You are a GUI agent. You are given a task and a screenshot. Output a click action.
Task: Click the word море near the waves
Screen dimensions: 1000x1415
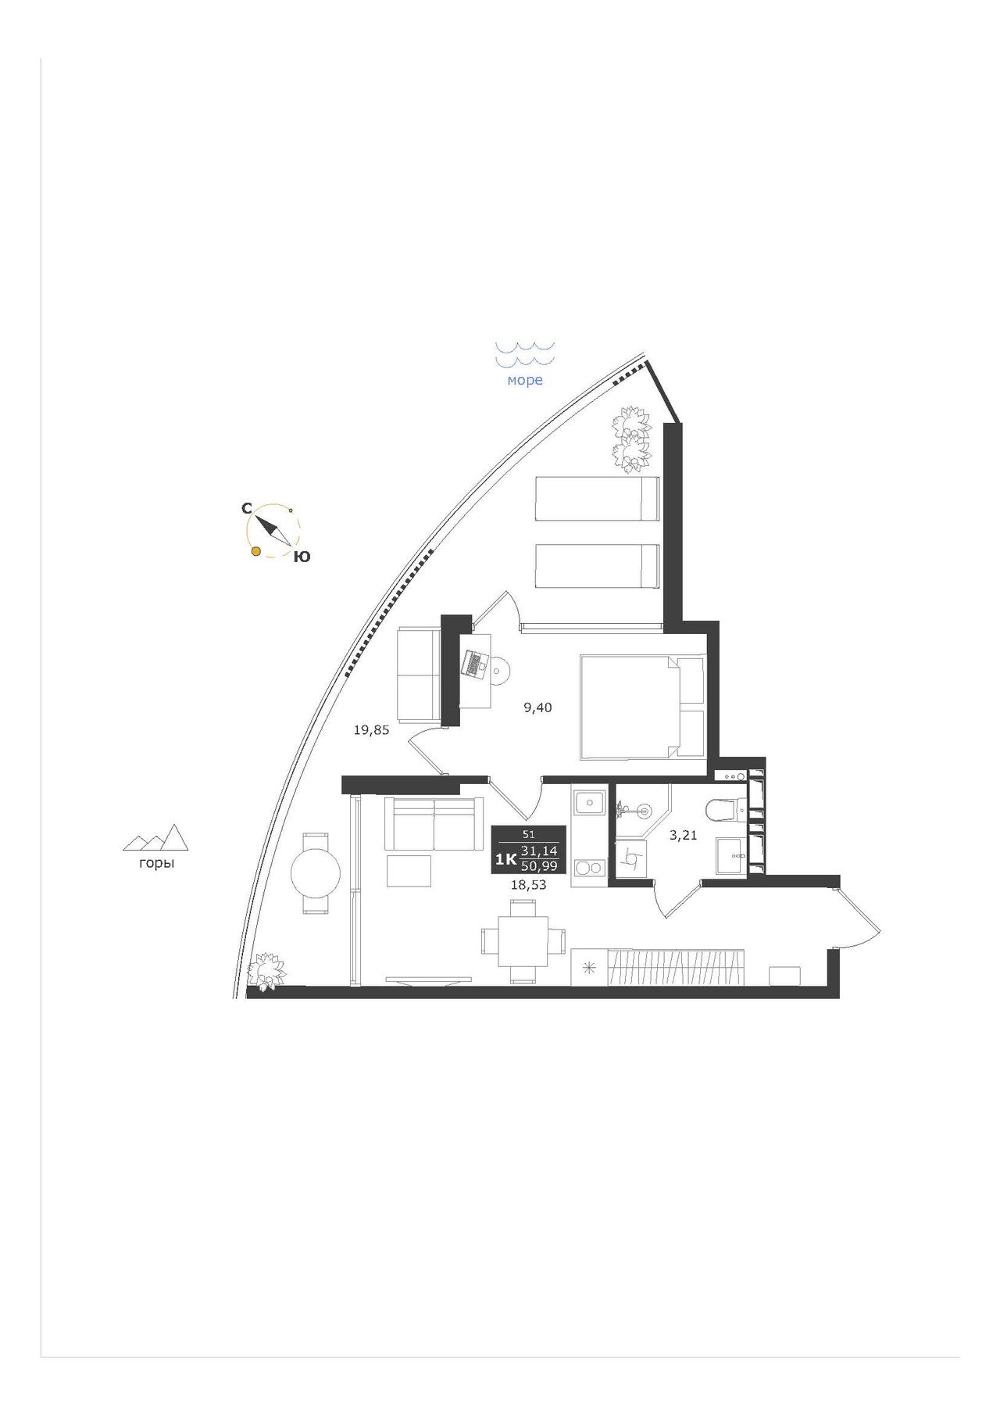pyautogui.click(x=525, y=381)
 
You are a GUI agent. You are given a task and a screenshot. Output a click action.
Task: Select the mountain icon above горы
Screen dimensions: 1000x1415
pyautogui.click(x=156, y=837)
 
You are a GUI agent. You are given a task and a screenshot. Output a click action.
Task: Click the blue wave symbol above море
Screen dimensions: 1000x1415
pyautogui.click(x=525, y=353)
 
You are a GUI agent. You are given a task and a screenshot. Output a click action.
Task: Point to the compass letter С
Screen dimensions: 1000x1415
pyautogui.click(x=246, y=508)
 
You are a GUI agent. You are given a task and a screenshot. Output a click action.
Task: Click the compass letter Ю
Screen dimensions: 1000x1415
pyautogui.click(x=302, y=557)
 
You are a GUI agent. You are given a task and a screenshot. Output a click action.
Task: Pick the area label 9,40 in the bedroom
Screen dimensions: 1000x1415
pyautogui.click(x=537, y=708)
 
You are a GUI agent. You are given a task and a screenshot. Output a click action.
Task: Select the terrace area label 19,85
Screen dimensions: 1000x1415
pyautogui.click(x=371, y=730)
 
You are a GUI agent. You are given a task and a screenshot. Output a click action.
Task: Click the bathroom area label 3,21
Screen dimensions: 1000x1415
pyautogui.click(x=683, y=835)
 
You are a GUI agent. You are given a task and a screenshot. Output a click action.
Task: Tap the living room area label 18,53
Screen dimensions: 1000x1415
pyautogui.click(x=528, y=885)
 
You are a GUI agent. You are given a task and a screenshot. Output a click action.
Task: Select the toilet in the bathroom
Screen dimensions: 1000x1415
pyautogui.click(x=726, y=810)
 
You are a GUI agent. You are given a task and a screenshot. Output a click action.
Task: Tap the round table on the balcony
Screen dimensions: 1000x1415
pyautogui.click(x=316, y=873)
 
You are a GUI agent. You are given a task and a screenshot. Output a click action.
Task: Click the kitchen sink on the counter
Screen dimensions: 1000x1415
pyautogui.click(x=589, y=802)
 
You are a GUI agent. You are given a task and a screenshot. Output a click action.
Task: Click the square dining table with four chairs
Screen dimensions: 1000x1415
pyautogui.click(x=523, y=940)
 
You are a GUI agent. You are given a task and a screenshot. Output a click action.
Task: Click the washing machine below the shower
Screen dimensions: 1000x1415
pyautogui.click(x=631, y=858)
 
